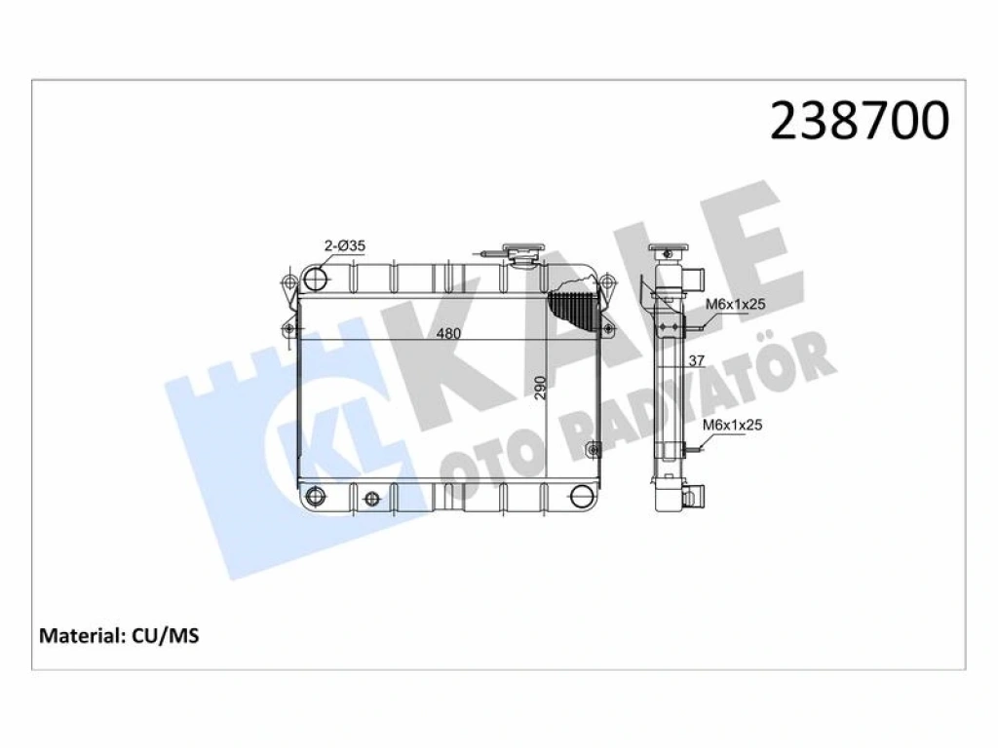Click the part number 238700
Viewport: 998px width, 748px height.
pos(860,121)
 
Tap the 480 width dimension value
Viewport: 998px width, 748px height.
pos(448,333)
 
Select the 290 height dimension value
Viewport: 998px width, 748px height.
pos(540,388)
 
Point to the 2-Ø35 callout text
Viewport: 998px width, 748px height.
pos(345,245)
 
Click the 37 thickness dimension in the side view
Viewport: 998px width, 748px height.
pos(697,360)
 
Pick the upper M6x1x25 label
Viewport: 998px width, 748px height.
pos(736,304)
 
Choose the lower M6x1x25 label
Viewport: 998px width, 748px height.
pos(733,425)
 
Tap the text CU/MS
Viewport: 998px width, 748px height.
pos(166,635)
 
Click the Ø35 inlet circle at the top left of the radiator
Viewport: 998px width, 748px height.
pos(316,278)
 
